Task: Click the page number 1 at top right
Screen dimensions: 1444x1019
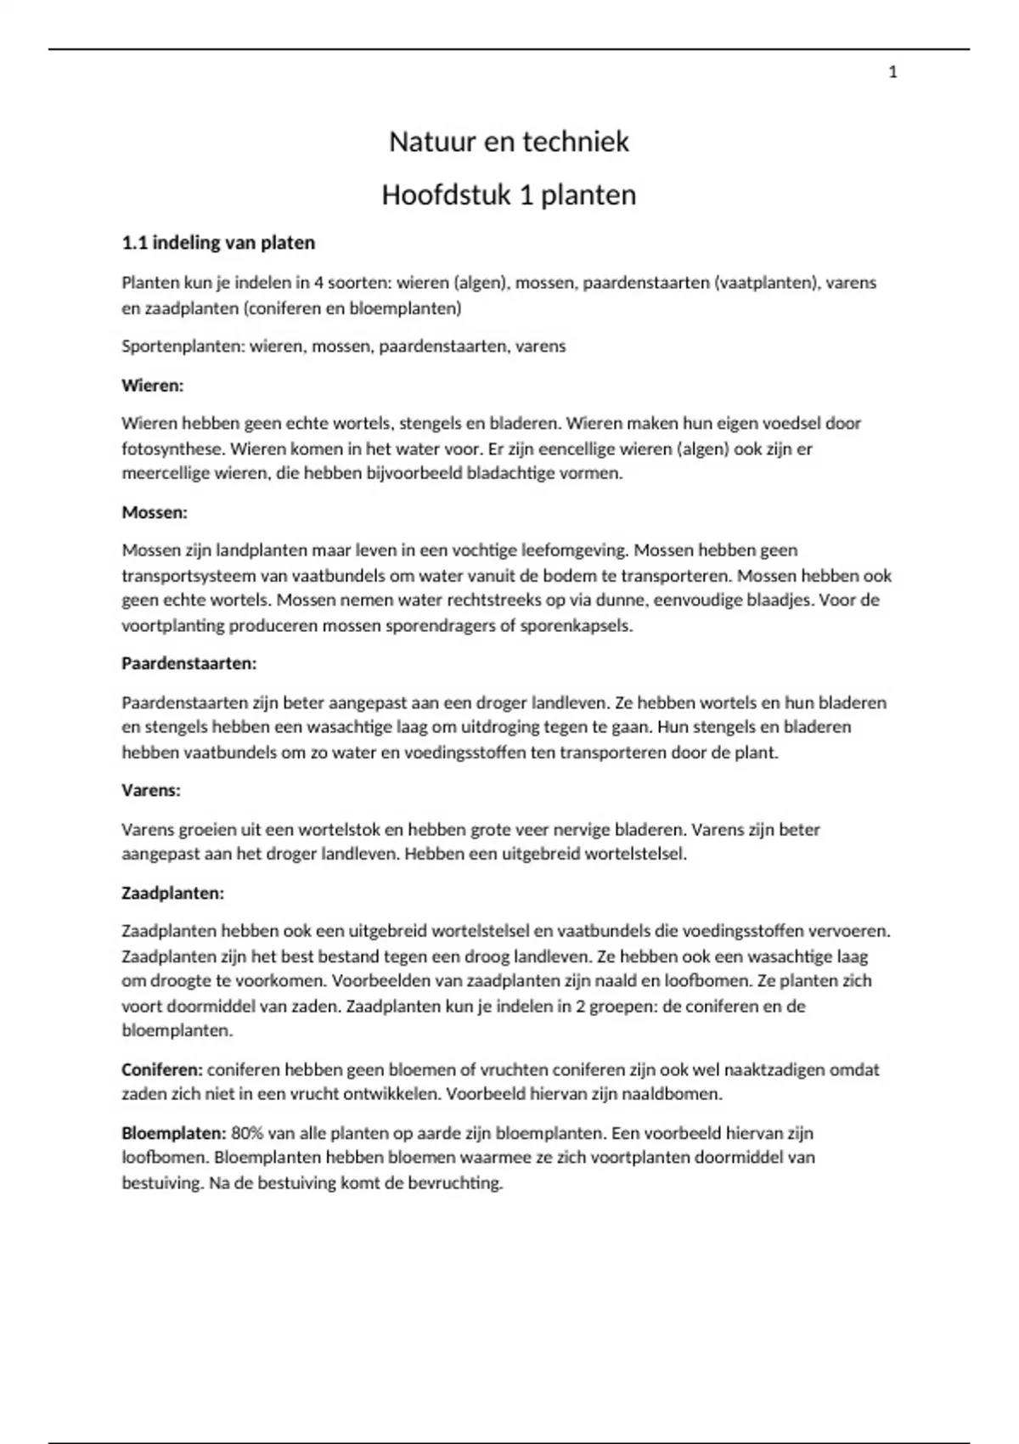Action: (892, 73)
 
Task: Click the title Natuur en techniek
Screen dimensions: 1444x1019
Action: (509, 142)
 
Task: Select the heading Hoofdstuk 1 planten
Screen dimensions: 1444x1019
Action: (509, 195)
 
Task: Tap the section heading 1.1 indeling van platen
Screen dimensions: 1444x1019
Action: (218, 243)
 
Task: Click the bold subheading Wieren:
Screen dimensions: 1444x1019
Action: (153, 386)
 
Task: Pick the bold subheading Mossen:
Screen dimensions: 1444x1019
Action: (155, 512)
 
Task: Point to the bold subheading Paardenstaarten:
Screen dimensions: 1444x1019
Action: (189, 663)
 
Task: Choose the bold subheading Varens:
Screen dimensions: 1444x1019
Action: (151, 790)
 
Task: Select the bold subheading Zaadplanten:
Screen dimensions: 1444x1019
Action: (173, 894)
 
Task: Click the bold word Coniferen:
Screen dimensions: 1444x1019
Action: (162, 1069)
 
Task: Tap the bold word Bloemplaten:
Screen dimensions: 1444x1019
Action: (174, 1133)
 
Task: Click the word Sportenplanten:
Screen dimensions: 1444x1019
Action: (183, 347)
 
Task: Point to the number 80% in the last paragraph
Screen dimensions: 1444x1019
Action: (246, 1133)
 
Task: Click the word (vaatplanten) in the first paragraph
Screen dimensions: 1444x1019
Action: (768, 283)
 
